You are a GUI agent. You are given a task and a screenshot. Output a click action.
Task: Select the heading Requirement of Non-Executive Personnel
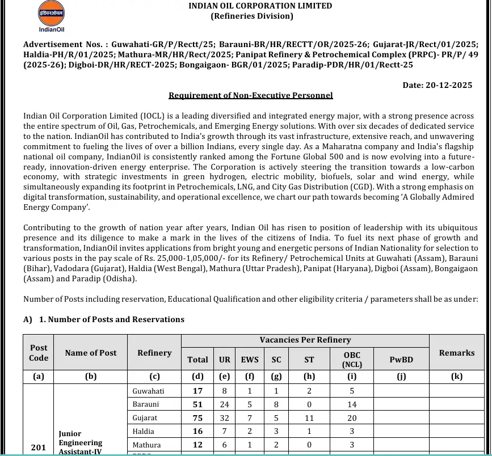pyautogui.click(x=251, y=95)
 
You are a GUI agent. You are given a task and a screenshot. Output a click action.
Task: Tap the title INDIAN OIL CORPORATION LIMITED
pyautogui.click(x=260, y=6)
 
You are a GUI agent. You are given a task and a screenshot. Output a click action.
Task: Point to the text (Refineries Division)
pyautogui.click(x=252, y=16)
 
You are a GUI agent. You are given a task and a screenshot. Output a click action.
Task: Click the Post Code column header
pyautogui.click(x=39, y=353)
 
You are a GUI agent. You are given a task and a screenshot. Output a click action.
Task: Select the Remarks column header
pyautogui.click(x=457, y=353)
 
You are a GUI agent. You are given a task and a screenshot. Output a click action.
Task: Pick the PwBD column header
pyautogui.click(x=401, y=360)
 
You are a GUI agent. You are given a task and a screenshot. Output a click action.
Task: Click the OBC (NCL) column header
pyautogui.click(x=352, y=360)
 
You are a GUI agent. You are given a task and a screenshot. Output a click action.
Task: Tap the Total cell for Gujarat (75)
pyautogui.click(x=197, y=418)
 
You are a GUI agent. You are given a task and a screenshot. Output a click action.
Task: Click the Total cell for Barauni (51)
pyautogui.click(x=197, y=404)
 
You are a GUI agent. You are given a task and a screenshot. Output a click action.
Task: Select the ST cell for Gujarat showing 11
pyautogui.click(x=309, y=418)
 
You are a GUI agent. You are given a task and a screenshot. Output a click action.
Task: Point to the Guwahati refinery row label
pyautogui.click(x=148, y=391)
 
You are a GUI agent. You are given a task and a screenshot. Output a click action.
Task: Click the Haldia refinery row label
pyautogui.click(x=143, y=432)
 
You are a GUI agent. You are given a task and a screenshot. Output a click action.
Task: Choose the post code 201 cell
pyautogui.click(x=38, y=447)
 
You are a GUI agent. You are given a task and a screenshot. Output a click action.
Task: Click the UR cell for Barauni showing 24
pyautogui.click(x=225, y=404)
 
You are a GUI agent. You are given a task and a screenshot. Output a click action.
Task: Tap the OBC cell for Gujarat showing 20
pyautogui.click(x=352, y=418)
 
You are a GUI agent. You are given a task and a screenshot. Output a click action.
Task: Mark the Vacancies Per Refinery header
pyautogui.click(x=305, y=340)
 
